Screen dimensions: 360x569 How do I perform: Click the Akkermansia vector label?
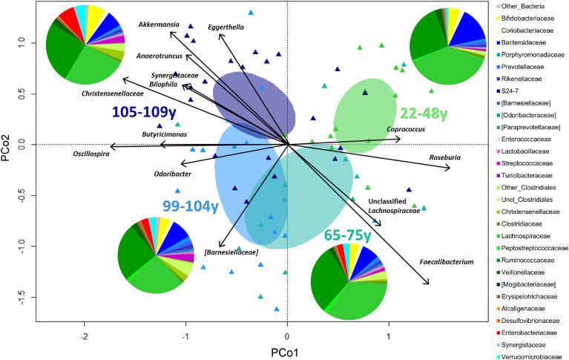[159, 24]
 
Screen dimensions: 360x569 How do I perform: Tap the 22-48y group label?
[424, 114]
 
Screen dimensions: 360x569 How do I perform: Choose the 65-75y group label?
[346, 235]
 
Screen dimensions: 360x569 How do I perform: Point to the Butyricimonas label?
[165, 134]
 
